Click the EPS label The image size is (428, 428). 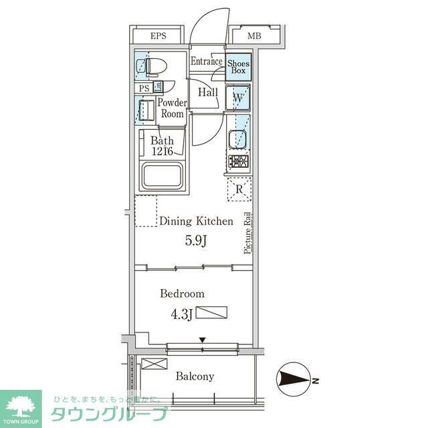[158, 36]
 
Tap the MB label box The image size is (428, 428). [255, 36]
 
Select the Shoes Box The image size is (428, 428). [238, 67]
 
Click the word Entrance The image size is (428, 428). [207, 62]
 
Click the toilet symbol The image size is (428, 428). [151, 67]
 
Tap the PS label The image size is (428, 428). [144, 88]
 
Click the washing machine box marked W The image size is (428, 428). [238, 98]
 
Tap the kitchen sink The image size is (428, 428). [238, 140]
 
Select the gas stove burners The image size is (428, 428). [238, 162]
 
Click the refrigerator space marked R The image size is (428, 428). [239, 189]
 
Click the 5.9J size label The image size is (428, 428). [195, 241]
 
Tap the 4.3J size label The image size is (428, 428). [181, 312]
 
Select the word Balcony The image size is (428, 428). [195, 377]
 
